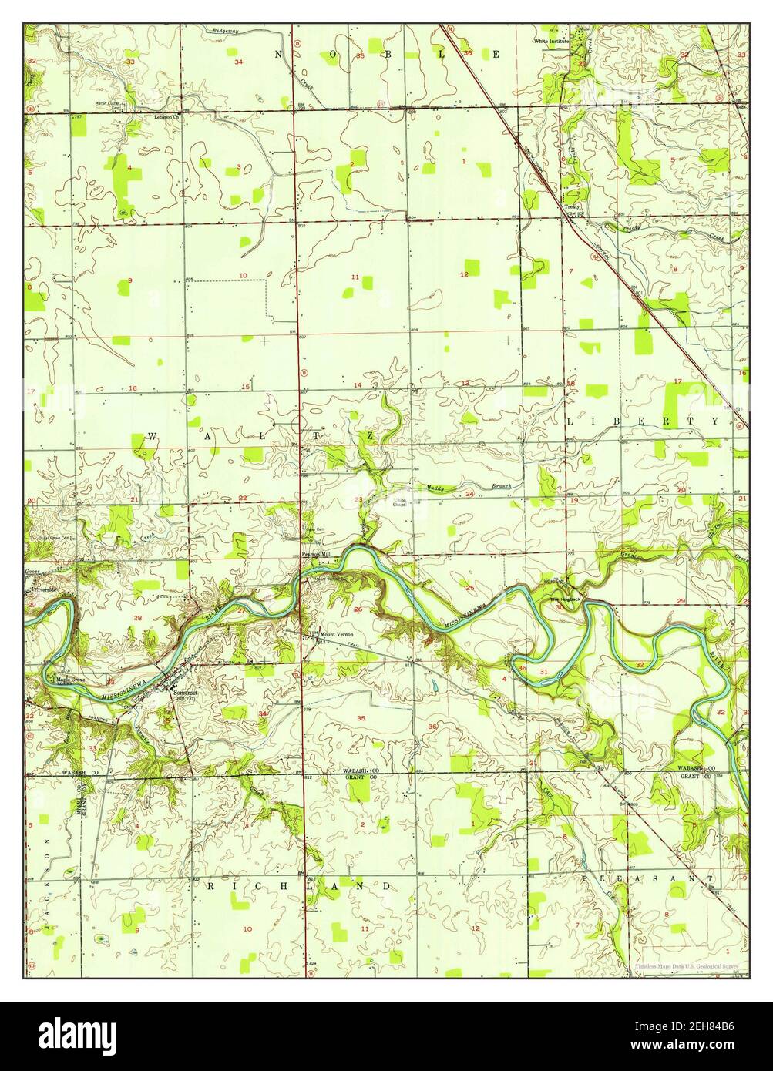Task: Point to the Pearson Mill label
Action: [x=315, y=554]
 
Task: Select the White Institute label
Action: [x=553, y=40]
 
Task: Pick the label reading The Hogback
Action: [x=563, y=599]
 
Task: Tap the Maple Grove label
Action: [x=69, y=680]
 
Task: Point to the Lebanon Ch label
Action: [x=166, y=117]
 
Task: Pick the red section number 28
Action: [x=137, y=618]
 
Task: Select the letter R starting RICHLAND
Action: [x=210, y=887]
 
